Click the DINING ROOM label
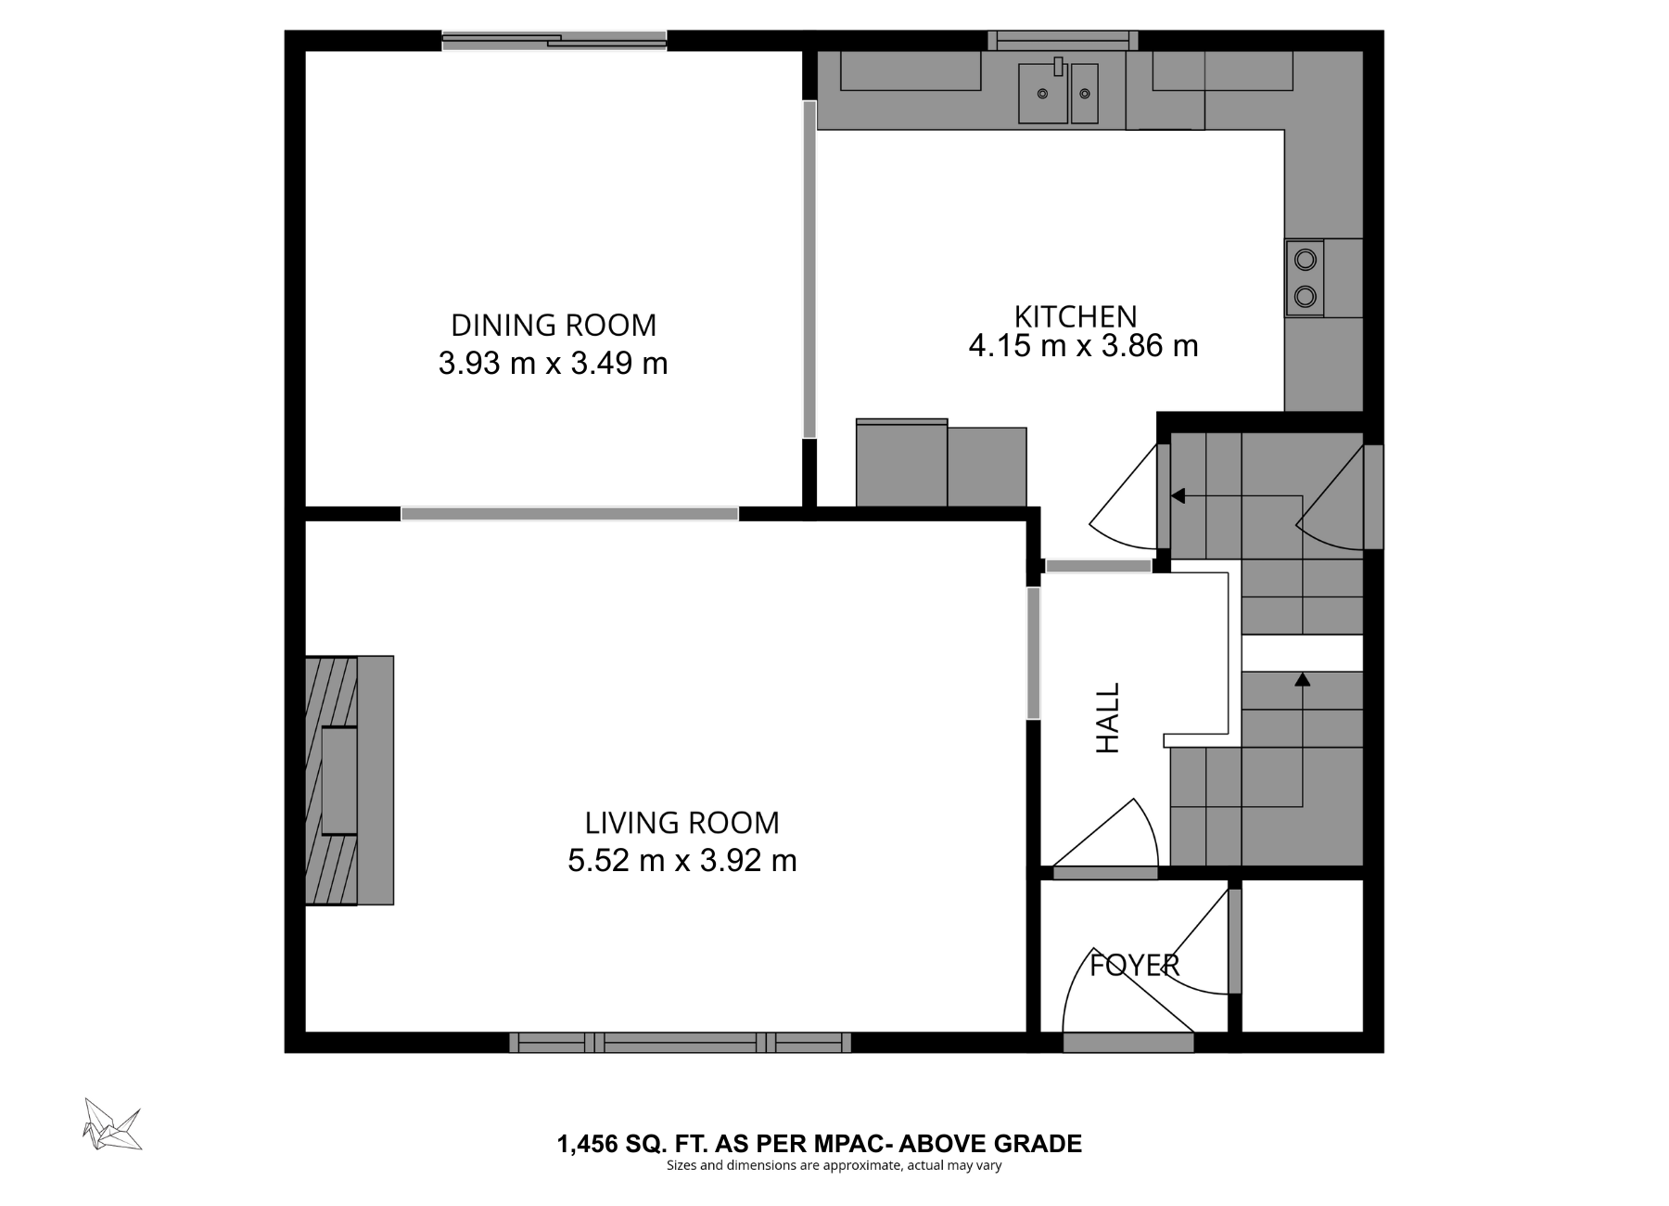pos(553,326)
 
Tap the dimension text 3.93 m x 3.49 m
pos(553,364)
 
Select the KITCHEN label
pos(1075,316)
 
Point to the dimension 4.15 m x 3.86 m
pos(1083,347)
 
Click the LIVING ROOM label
pos(682,823)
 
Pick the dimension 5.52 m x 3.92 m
pos(682,861)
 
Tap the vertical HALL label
pos(1108,718)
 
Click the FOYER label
pos(1133,966)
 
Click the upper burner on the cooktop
pos(1305,260)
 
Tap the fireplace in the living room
pos(349,780)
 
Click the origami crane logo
pos(111,1124)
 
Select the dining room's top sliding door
pos(554,40)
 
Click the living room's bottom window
pos(680,1043)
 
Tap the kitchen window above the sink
pos(1063,40)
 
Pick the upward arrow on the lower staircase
pos(1302,680)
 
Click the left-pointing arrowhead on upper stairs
pos(1178,496)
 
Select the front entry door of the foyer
pos(1128,1043)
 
